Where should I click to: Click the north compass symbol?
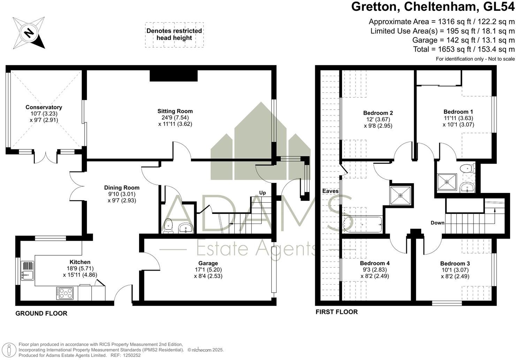[29, 33]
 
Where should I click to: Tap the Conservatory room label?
[44, 107]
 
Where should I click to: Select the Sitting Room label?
[175, 111]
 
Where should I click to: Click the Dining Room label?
[122, 188]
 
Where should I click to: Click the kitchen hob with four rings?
[65, 293]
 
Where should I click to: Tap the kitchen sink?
[27, 271]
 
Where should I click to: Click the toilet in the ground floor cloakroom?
[168, 226]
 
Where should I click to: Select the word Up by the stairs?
[263, 193]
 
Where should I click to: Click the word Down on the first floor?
[437, 223]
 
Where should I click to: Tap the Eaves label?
[330, 191]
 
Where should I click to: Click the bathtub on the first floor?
[363, 224]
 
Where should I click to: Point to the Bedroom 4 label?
[375, 263]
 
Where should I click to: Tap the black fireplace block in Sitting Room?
[174, 75]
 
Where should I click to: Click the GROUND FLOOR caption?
[41, 313]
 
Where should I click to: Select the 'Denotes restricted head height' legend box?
[174, 35]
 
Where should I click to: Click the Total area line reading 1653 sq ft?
[464, 49]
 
